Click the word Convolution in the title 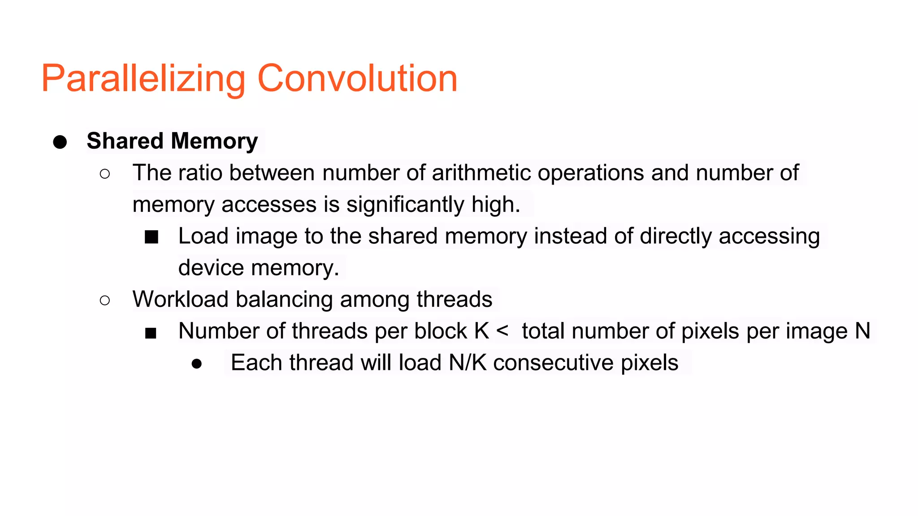[357, 79]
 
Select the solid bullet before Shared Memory [60, 142]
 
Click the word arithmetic [481, 173]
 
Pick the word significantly [405, 205]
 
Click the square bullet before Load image [152, 237]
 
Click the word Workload [180, 299]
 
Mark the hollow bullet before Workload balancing [105, 300]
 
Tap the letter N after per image [862, 331]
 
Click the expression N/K [468, 363]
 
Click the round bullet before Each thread [196, 364]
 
